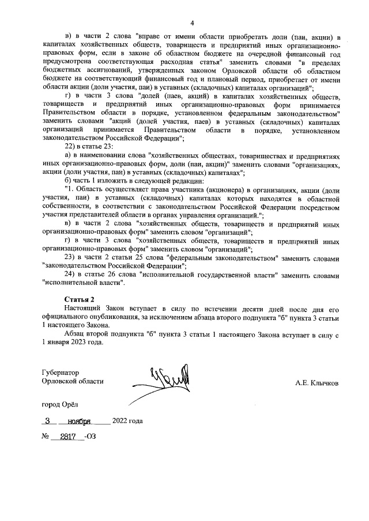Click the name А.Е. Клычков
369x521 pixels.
coord(317,383)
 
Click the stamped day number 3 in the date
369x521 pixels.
coord(56,420)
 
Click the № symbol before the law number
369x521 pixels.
coord(46,437)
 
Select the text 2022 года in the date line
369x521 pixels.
coord(127,420)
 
